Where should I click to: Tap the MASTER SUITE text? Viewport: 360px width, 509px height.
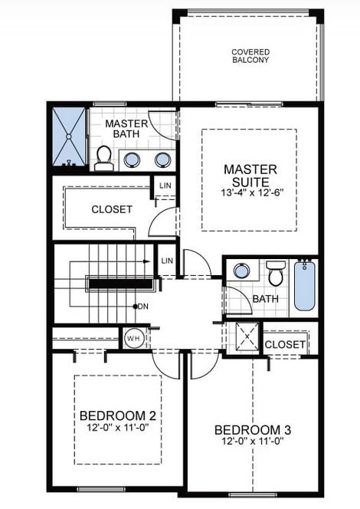click(250, 176)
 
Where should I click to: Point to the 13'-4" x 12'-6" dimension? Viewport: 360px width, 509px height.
click(250, 195)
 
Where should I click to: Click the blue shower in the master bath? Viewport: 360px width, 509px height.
click(69, 137)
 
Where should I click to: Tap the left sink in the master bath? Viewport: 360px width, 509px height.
click(132, 159)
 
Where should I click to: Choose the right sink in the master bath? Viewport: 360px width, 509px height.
click(162, 159)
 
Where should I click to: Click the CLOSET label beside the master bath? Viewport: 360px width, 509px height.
click(112, 209)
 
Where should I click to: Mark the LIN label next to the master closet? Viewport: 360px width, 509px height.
click(165, 186)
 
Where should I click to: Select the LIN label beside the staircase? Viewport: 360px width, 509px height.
click(168, 262)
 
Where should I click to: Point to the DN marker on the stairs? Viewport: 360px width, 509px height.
click(142, 307)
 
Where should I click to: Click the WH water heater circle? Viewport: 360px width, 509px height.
click(132, 337)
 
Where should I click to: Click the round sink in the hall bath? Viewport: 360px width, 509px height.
click(242, 271)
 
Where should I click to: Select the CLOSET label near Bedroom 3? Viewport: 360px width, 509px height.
click(284, 345)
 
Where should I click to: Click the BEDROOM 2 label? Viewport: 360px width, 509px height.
click(118, 416)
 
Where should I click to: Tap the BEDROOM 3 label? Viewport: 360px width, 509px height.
click(252, 429)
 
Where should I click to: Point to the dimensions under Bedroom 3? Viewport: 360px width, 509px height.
click(252, 442)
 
